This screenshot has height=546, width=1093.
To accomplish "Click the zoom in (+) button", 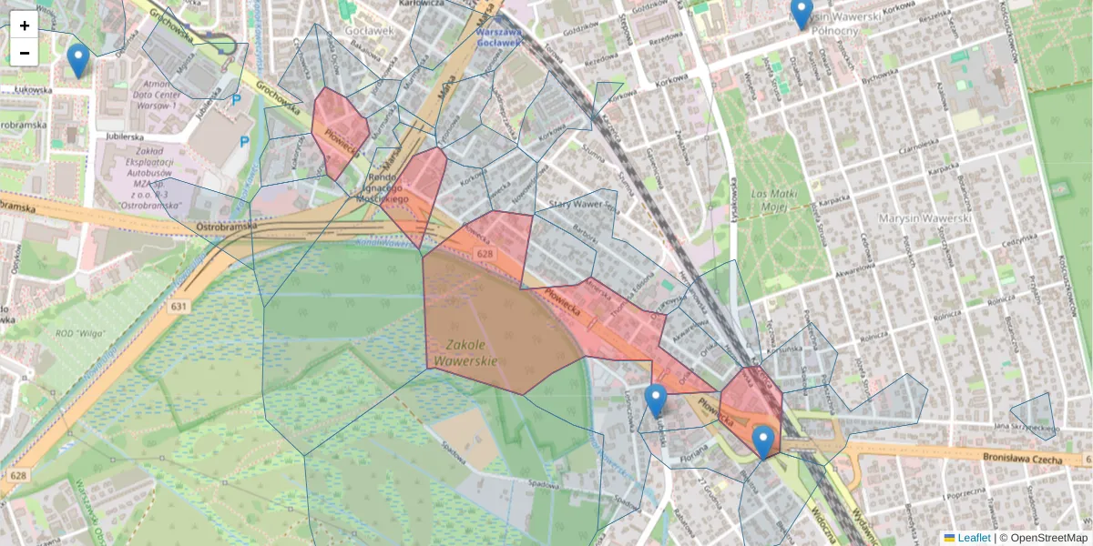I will coord(25,25).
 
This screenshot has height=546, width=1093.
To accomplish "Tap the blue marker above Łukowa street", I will coord(78,61).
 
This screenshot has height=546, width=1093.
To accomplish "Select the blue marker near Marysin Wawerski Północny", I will coord(802,13).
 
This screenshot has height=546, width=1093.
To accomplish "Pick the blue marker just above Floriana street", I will coord(656,400).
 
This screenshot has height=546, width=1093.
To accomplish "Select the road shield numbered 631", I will coord(178,307).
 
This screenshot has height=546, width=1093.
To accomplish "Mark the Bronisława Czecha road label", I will coord(1023,460).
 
